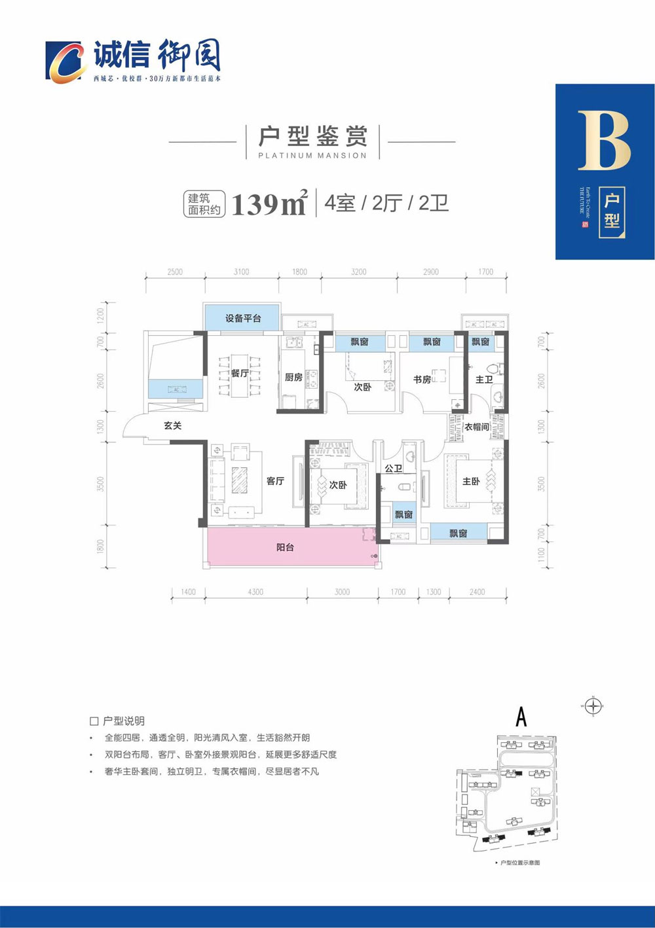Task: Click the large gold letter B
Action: [604, 141]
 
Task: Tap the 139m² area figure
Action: [269, 204]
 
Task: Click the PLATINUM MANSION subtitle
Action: [312, 156]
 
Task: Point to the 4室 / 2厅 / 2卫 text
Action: [386, 204]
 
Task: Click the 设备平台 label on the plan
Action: [243, 319]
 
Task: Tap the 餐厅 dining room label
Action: [240, 373]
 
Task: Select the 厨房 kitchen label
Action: [293, 378]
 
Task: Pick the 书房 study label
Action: [422, 380]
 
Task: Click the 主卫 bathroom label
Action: [483, 380]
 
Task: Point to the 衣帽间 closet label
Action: [477, 427]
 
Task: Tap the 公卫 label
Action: [393, 469]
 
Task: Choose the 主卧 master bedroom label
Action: [471, 482]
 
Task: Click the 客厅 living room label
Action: [275, 481]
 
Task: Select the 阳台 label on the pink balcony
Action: [285, 547]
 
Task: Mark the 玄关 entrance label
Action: [172, 425]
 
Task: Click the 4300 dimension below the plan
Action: [255, 592]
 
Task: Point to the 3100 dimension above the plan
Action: [241, 272]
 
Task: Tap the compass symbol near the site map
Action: [593, 706]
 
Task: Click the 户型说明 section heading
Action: [124, 721]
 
